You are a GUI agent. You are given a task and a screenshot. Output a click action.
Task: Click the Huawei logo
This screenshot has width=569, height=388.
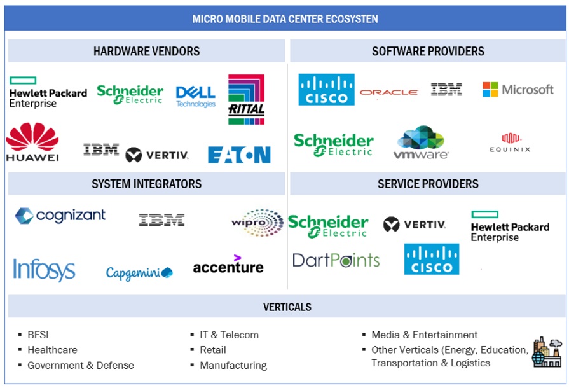32,142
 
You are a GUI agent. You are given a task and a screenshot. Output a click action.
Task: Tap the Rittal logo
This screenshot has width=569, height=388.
246,99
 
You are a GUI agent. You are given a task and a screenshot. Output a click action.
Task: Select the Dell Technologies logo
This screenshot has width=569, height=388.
196,96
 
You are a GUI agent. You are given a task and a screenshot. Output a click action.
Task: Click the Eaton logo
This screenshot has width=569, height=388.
239,155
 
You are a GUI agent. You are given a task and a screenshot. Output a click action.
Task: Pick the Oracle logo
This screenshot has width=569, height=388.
388,92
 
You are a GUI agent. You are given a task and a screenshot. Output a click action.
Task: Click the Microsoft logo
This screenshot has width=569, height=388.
518,90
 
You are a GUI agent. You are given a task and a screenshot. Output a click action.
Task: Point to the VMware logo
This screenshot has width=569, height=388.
421,142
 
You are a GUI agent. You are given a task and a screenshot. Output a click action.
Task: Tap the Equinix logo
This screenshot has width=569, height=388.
510,142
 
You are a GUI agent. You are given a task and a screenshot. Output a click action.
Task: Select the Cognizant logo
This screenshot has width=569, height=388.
60,216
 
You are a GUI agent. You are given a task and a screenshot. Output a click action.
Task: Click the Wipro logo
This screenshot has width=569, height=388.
257,223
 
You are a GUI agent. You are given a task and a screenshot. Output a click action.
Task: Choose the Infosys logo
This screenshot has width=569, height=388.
44,270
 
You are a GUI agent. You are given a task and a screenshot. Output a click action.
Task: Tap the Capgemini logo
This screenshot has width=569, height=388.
139,273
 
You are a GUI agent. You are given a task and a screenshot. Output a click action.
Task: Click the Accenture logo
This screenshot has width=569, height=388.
228,265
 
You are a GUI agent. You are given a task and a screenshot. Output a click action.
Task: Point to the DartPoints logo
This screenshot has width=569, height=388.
336,260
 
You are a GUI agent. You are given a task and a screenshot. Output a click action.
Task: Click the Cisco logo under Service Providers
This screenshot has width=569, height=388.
432,259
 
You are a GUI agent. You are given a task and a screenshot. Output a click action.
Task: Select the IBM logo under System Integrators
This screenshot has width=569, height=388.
161,220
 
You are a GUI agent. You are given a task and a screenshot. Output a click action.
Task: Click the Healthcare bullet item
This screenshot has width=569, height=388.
52,350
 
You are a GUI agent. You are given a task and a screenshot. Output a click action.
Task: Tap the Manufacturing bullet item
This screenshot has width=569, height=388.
233,365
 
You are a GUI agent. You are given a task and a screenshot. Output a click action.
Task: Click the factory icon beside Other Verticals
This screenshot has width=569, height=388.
546,352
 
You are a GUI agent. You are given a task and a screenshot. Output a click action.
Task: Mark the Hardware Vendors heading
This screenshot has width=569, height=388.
146,52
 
